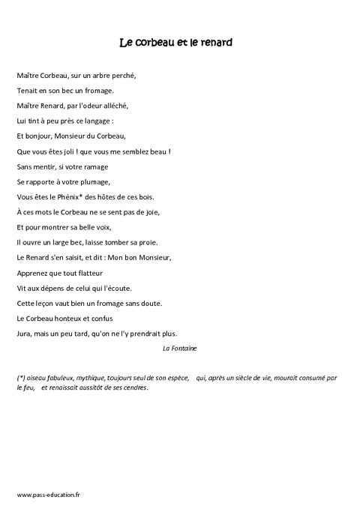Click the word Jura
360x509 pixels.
pyautogui.click(x=24, y=334)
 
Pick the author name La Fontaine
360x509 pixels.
pyautogui.click(x=179, y=349)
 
